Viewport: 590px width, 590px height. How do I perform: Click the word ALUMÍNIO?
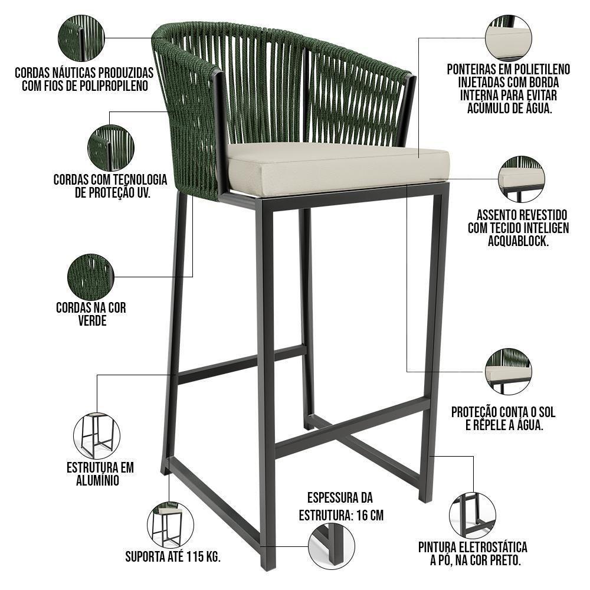pos(98,481)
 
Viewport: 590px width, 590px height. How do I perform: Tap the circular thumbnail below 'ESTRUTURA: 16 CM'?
pos(332,546)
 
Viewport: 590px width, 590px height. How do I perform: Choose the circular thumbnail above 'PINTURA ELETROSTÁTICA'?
pos(472,514)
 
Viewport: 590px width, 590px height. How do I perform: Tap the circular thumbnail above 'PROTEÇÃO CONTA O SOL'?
pos(508,371)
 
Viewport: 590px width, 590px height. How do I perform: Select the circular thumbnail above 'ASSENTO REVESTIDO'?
pos(521,179)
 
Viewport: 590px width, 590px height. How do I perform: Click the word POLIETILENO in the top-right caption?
pos(540,70)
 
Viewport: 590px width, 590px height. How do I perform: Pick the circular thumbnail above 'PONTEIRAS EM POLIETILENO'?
pos(508,37)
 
